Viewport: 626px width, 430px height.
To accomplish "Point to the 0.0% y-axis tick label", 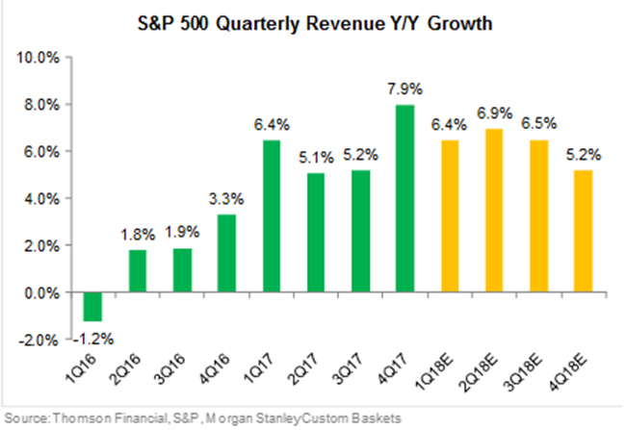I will pos(42,293).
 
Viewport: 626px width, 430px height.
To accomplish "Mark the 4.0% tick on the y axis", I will pos(42,199).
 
